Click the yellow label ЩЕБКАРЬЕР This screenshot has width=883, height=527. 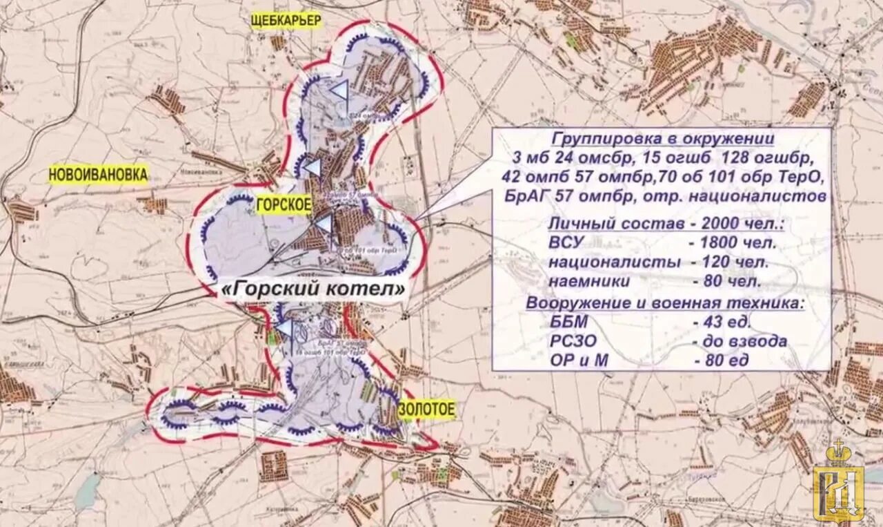(287, 21)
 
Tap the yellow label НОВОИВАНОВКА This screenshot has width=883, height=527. (98, 175)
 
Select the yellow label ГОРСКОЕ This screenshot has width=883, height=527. (284, 204)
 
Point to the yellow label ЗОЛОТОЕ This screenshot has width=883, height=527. (426, 410)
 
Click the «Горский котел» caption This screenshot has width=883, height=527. (312, 291)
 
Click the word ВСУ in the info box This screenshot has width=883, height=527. (567, 242)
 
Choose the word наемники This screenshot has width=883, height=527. (589, 282)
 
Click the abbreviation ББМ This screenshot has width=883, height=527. (569, 322)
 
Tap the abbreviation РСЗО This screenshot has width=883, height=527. (573, 341)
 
